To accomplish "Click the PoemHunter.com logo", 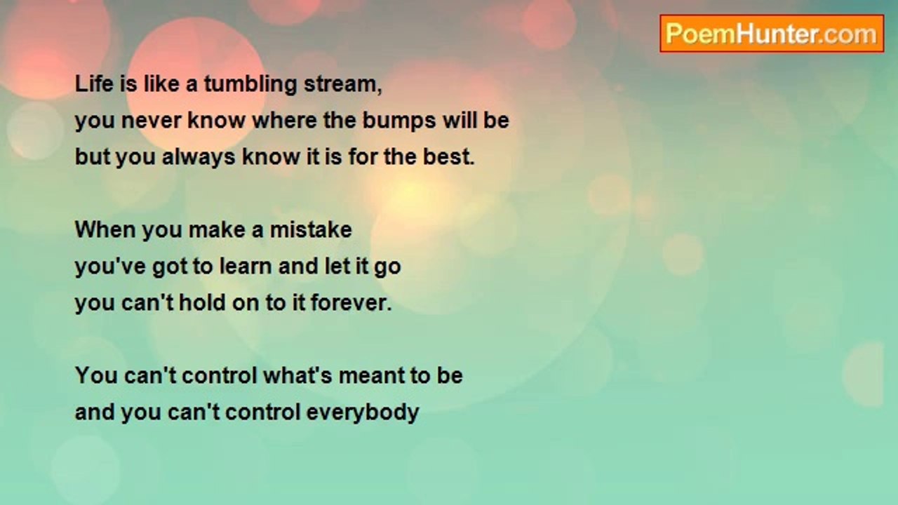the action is coord(772,34).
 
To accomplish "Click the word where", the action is coord(285,120).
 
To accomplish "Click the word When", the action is coord(105,229).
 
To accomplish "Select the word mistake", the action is coord(311,229).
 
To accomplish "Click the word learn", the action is coord(246,266).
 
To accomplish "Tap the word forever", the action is coord(351,302).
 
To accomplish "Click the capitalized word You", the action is coord(96,376).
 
